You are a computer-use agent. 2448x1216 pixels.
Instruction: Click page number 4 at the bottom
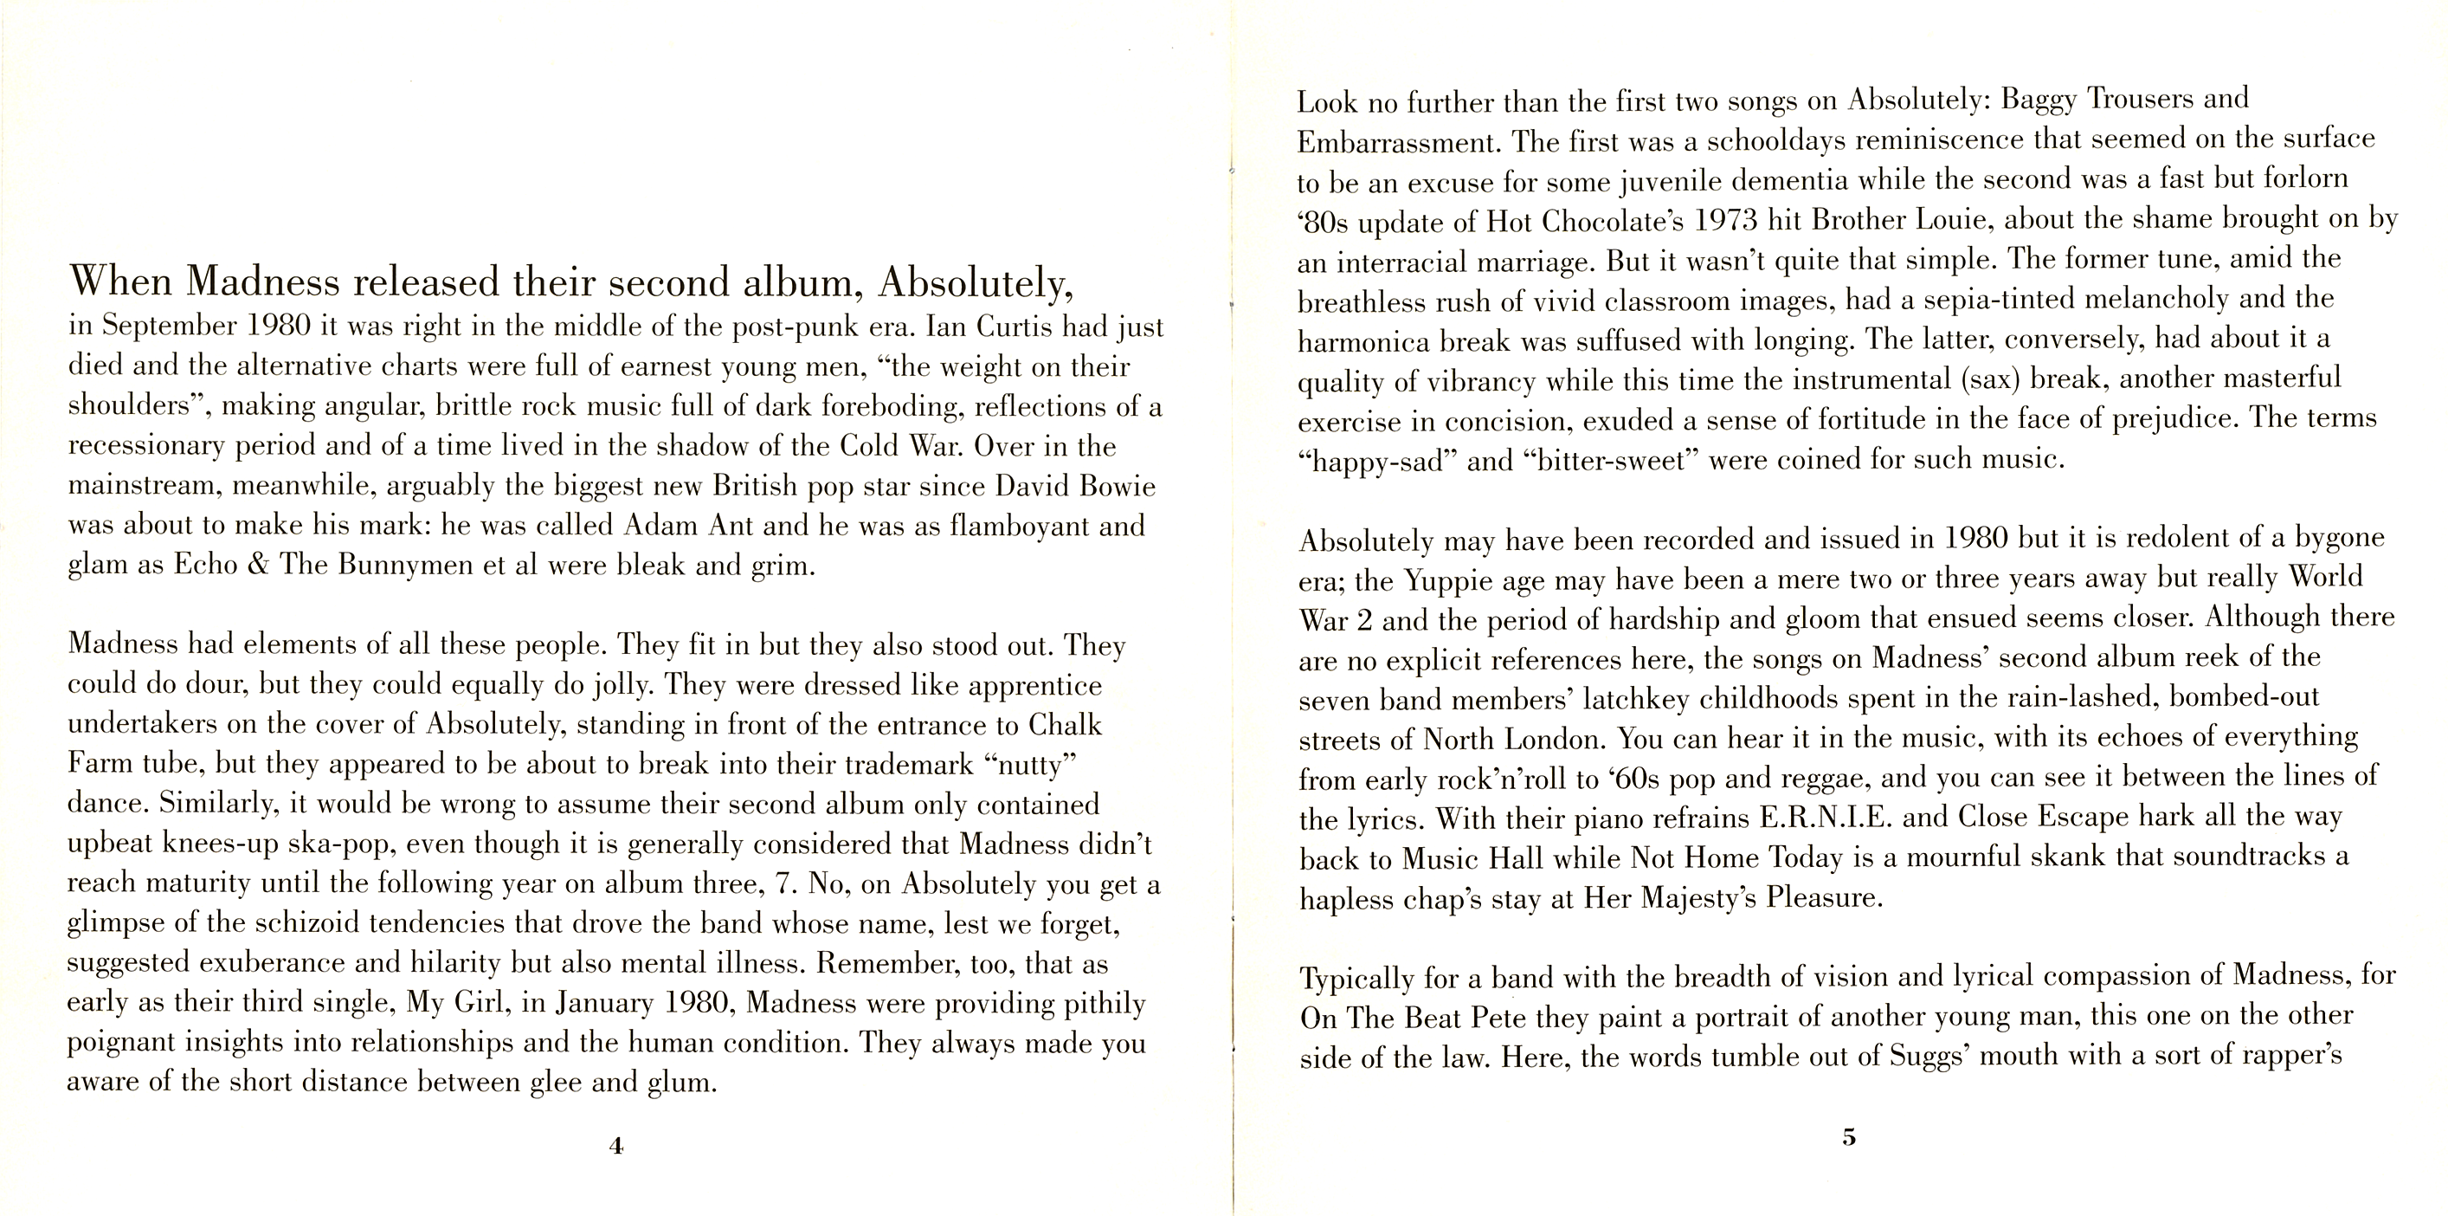coord(615,1146)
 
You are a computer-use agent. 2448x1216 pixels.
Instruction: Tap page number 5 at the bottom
coord(1848,1136)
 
